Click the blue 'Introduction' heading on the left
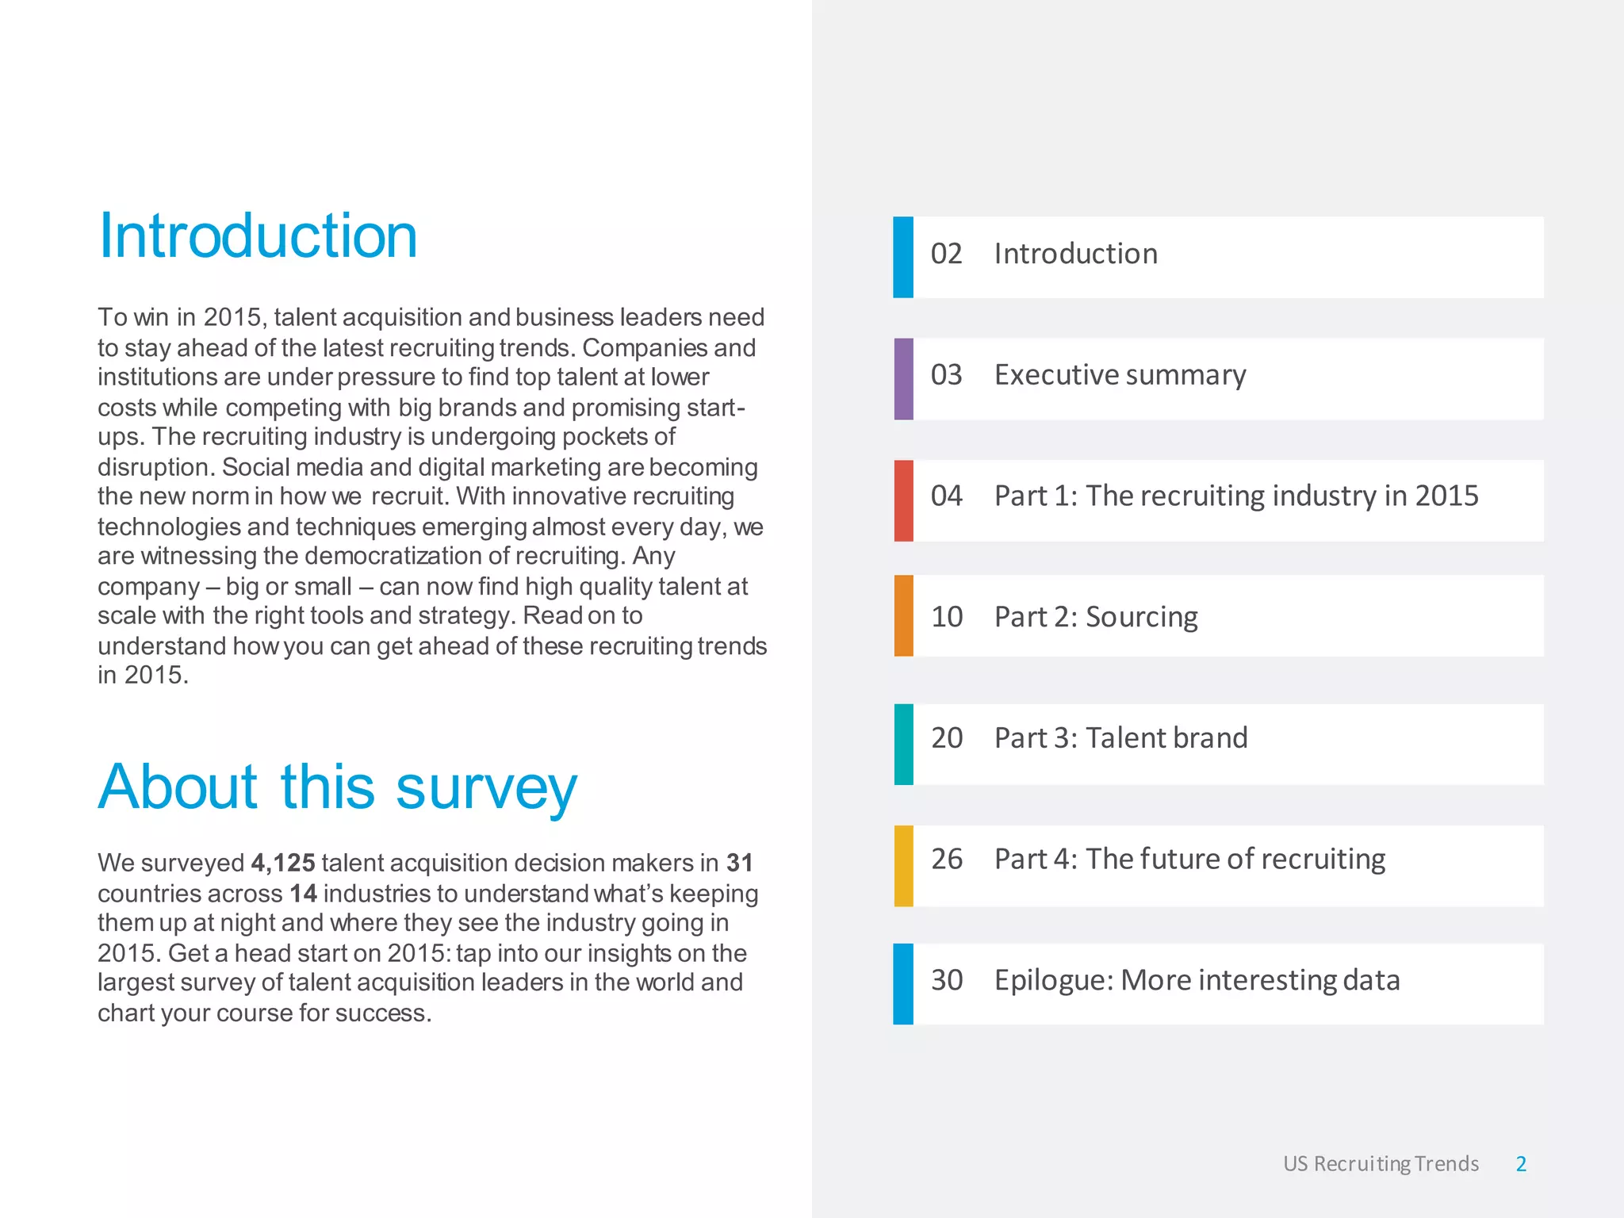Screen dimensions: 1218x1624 (x=258, y=236)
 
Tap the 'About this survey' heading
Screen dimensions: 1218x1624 (x=338, y=787)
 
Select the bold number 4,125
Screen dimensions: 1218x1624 (x=283, y=863)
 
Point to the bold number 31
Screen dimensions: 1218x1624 (x=739, y=863)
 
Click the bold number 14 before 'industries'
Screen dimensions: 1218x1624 (x=303, y=894)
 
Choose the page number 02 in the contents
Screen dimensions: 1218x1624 (x=946, y=254)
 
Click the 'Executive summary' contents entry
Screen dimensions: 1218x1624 (x=1120, y=375)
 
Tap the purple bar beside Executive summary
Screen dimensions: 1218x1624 (x=903, y=379)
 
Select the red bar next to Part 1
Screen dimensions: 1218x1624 (x=903, y=500)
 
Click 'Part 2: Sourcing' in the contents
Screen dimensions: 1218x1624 (x=1096, y=617)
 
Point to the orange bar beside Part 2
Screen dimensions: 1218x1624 (x=903, y=615)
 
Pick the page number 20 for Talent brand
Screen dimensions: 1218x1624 (x=947, y=738)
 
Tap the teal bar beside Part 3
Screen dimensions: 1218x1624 (x=903, y=744)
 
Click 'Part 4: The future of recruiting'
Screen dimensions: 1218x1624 (x=1189, y=859)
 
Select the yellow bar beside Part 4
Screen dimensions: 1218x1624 (x=903, y=865)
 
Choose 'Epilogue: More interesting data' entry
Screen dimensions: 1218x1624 (x=1197, y=980)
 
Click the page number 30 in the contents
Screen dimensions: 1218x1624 (x=947, y=980)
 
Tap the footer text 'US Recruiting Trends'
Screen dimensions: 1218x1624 (x=1381, y=1163)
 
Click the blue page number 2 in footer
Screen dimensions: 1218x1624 (x=1521, y=1163)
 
